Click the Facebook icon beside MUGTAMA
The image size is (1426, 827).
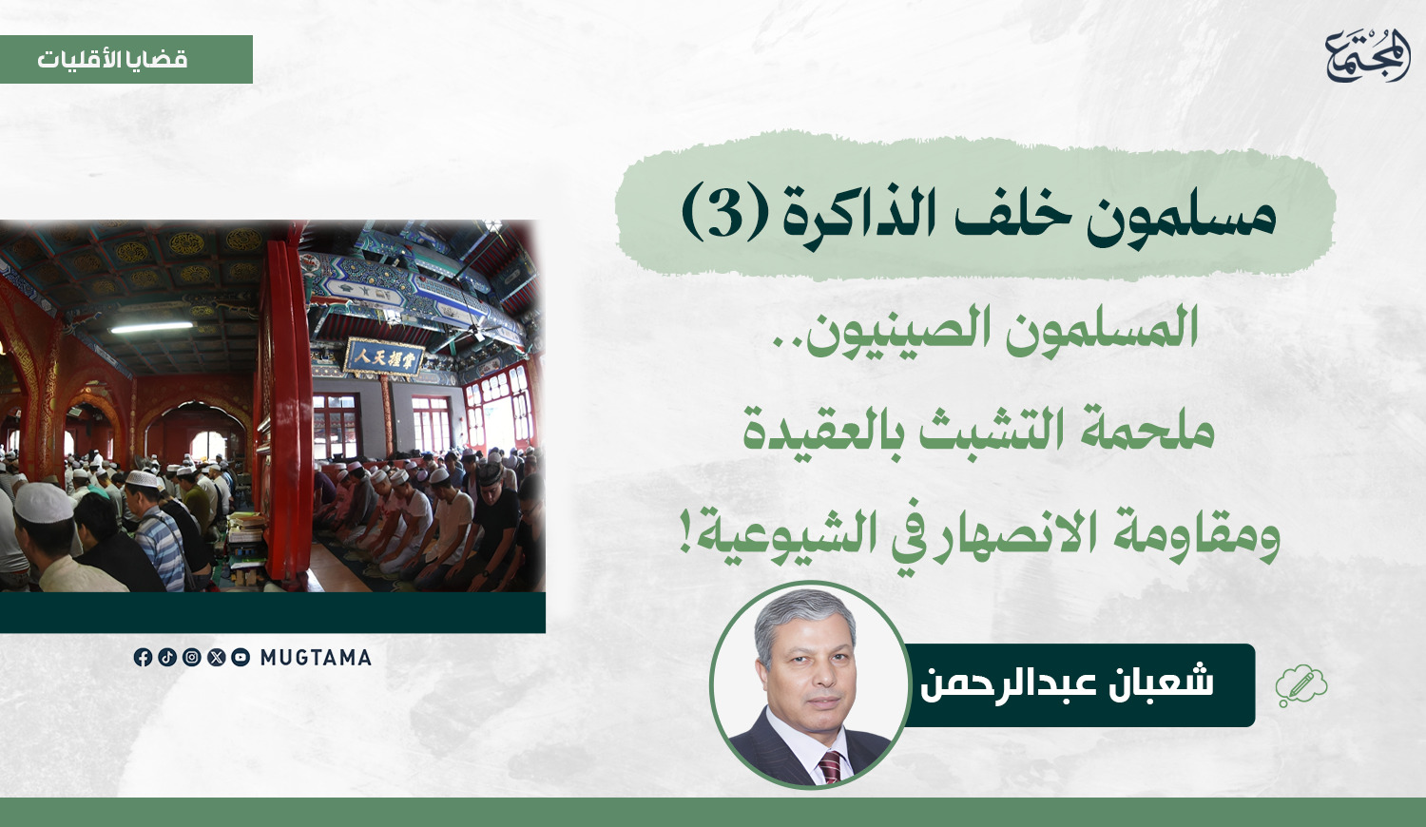[143, 657]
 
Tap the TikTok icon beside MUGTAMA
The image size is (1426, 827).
[166, 657]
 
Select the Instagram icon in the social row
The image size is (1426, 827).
[192, 657]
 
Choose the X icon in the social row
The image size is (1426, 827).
[217, 657]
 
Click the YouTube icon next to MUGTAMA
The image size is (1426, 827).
[241, 657]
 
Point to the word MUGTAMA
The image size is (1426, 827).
[316, 658]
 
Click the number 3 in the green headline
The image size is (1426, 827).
[723, 212]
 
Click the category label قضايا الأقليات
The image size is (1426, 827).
[112, 59]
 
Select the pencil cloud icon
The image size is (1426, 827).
[1301, 685]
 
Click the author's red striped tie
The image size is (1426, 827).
[830, 766]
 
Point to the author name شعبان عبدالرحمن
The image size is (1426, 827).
[1067, 683]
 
